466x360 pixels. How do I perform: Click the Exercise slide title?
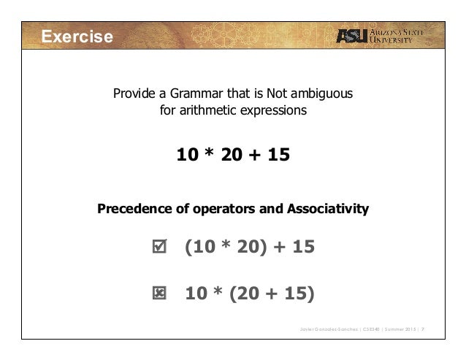77,37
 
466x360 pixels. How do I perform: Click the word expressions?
276,112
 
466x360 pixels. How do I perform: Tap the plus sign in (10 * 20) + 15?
279,248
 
